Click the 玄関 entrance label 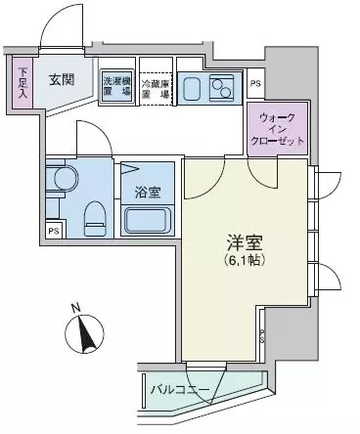pyautogui.click(x=63, y=80)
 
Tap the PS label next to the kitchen pyautogui.click(x=255, y=85)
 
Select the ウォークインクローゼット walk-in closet pyautogui.click(x=281, y=127)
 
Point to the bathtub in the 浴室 pyautogui.click(x=148, y=221)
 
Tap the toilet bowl pyautogui.click(x=97, y=214)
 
